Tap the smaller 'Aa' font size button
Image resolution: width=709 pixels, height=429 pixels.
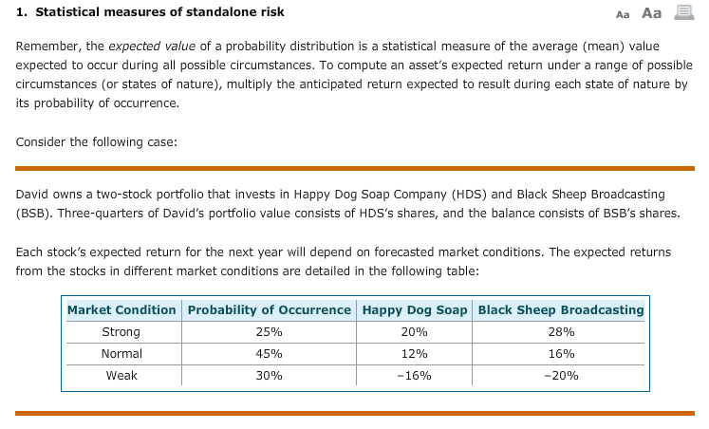623,14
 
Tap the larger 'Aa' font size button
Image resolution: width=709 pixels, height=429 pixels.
652,13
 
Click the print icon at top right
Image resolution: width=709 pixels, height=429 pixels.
681,12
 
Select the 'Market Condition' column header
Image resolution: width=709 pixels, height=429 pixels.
121,310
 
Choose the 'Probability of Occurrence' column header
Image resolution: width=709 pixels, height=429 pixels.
270,310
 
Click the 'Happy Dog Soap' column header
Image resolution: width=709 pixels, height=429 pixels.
413,310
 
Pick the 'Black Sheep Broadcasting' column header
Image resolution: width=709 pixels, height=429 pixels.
561,310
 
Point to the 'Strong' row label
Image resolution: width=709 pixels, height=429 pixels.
121,332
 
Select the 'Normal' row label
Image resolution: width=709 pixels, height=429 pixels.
121,354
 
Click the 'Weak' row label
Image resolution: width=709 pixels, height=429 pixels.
121,376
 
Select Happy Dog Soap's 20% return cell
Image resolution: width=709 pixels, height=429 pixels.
413,332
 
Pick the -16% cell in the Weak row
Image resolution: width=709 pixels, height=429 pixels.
413,376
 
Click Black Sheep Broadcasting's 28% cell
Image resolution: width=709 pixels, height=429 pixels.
561,332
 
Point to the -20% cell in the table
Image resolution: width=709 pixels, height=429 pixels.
561,376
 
